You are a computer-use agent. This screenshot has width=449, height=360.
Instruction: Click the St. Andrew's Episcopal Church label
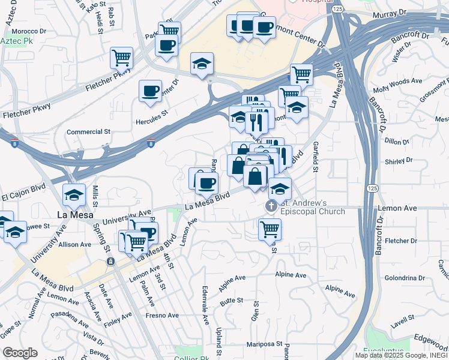(313, 207)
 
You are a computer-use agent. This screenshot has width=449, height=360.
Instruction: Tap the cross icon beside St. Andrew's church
(271, 207)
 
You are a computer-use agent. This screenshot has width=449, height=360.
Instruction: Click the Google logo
(20, 353)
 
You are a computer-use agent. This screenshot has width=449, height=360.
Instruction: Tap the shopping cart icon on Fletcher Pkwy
(121, 58)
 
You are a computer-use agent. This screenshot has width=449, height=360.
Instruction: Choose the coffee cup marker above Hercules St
(150, 91)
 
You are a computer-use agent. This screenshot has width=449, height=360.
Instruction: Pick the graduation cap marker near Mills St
(74, 194)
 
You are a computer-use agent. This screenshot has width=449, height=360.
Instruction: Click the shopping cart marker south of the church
(270, 229)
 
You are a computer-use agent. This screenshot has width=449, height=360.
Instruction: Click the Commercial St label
(89, 131)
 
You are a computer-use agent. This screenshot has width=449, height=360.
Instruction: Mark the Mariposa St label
(265, 344)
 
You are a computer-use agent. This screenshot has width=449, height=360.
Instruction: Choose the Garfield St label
(314, 157)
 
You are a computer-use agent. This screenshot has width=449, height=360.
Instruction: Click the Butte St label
(231, 299)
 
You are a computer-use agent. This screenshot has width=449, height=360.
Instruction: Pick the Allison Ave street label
(74, 244)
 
